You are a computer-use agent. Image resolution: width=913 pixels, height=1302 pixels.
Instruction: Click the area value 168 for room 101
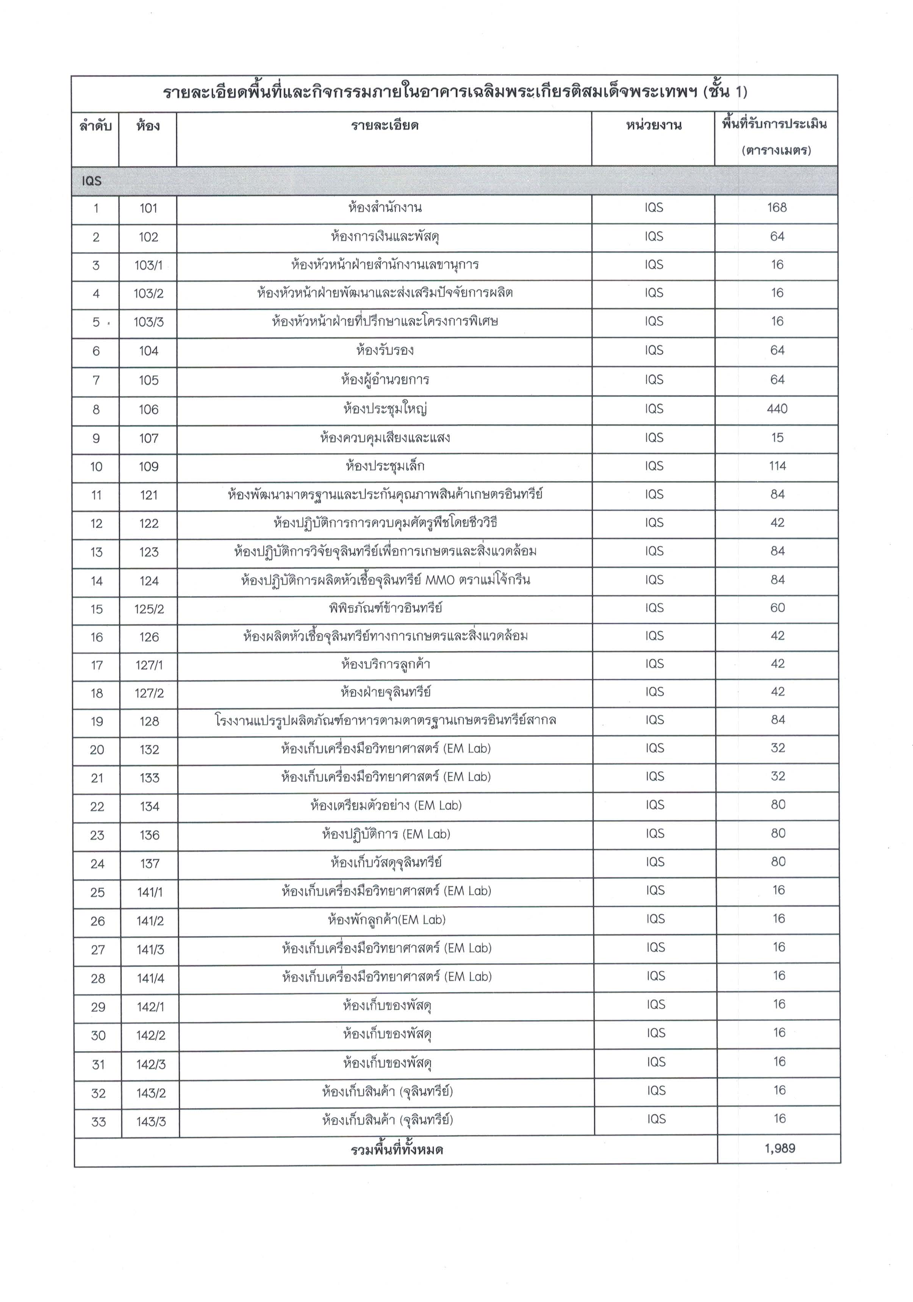776,208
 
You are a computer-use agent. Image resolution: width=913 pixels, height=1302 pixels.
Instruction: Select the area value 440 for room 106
776,409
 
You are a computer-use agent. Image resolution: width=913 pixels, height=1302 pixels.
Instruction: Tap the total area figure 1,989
780,1148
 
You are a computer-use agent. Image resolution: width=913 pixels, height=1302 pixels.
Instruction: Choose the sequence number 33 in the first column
98,1121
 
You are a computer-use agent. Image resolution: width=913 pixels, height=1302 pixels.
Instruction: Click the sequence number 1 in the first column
96,208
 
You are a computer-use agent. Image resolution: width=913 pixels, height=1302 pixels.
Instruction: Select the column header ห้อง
147,126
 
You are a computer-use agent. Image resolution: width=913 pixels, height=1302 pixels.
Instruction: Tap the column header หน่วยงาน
653,125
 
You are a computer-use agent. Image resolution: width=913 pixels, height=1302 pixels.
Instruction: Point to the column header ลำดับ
95,126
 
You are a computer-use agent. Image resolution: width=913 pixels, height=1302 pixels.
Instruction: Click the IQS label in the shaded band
91,181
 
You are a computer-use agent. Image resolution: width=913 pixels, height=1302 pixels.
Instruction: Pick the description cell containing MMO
385,580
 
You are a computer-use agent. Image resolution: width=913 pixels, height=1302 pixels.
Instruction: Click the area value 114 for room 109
777,466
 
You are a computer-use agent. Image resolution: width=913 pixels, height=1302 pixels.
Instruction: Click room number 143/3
151,1121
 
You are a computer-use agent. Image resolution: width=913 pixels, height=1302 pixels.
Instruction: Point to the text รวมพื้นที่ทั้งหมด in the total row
397,1149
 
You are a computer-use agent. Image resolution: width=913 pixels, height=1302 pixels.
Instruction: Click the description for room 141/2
386,920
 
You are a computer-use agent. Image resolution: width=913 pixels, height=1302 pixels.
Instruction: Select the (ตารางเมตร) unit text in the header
776,151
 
